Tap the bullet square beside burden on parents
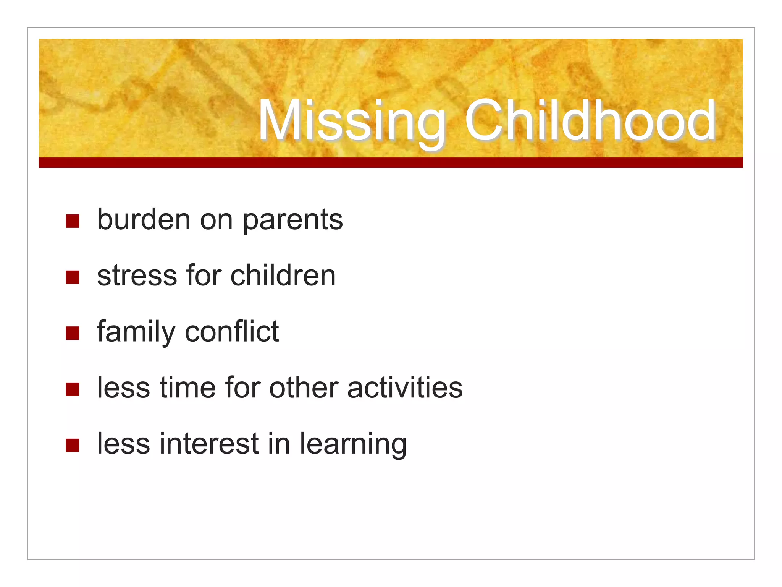click(73, 221)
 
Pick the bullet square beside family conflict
click(73, 333)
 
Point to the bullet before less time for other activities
click(73, 389)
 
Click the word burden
click(144, 219)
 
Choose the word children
click(283, 275)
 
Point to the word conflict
click(232, 331)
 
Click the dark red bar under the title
click(391, 162)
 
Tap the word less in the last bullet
click(123, 444)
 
